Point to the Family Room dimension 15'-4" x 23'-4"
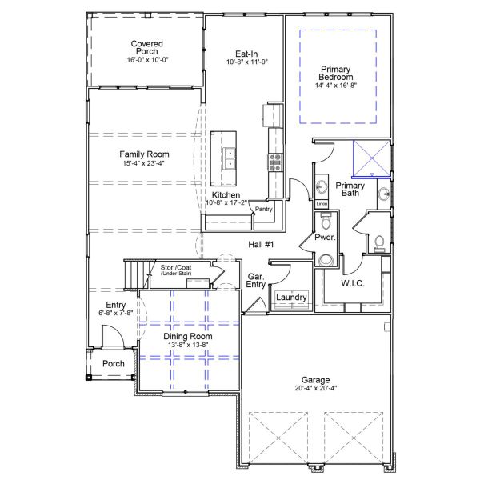(145, 164)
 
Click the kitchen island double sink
(230, 160)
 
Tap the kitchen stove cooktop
(275, 162)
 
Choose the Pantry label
(264, 210)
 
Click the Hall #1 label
(261, 245)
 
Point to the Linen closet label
(322, 204)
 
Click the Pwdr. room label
(324, 238)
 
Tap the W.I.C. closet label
(353, 282)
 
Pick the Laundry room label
(291, 298)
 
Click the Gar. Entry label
(256, 279)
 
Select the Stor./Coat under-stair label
(176, 270)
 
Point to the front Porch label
(114, 365)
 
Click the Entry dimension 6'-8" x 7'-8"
(115, 313)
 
